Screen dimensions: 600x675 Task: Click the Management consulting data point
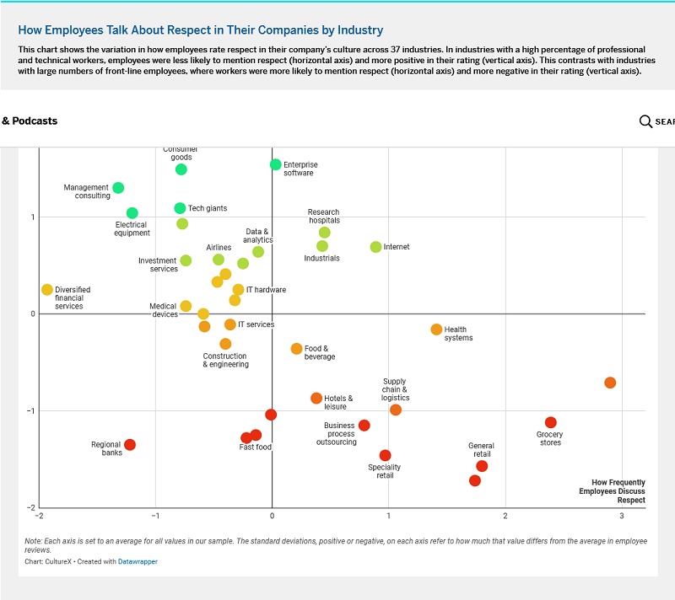118,188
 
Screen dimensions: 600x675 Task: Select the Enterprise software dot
276,164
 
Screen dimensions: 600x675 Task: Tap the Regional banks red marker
130,445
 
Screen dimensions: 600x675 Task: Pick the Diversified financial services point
47,290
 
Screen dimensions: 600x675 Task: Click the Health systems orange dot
436,329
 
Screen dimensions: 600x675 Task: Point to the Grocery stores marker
551,423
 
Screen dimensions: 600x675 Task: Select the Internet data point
376,247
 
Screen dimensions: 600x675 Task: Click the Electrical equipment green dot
132,213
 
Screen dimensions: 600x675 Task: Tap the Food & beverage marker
296,349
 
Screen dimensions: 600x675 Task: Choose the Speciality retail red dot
386,456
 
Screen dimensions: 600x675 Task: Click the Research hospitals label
323,217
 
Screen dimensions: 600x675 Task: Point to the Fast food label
256,447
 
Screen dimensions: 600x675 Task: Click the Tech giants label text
207,208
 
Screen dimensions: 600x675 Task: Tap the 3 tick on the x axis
622,515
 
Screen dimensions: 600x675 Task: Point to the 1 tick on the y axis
32,217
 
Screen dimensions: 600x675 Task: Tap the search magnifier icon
645,121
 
